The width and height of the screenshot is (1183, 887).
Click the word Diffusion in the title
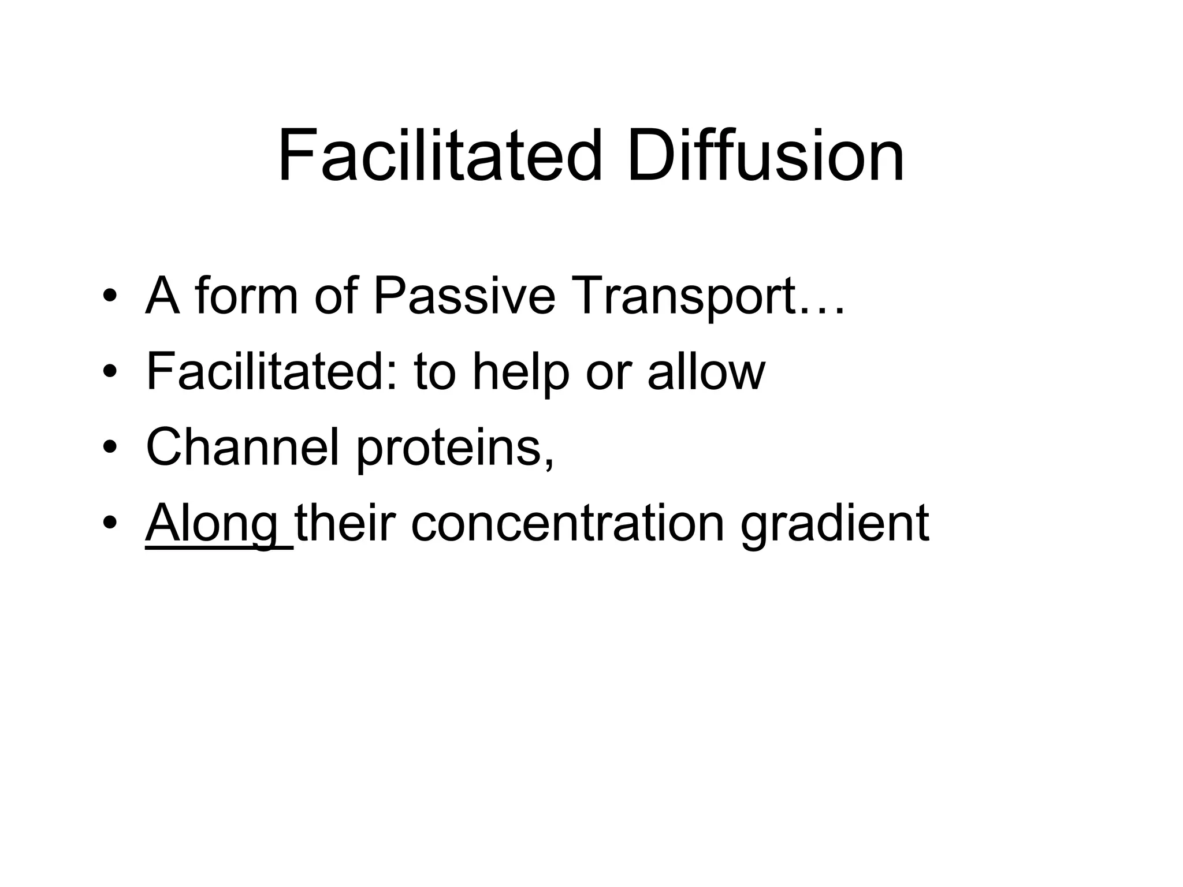[765, 156]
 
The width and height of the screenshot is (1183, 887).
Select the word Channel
[242, 448]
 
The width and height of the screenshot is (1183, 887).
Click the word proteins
[454, 450]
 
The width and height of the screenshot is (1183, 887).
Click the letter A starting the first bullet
[163, 296]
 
